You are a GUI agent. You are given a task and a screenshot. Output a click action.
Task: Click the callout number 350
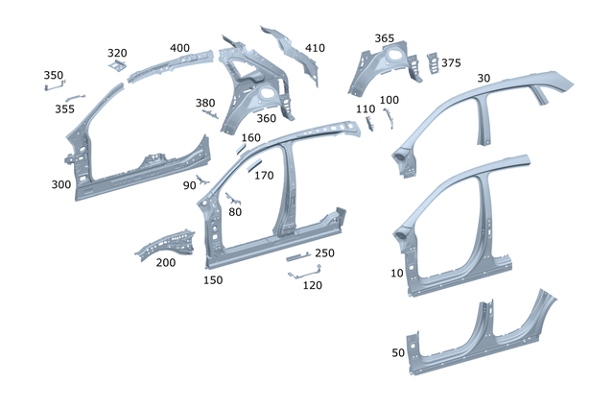[54, 75]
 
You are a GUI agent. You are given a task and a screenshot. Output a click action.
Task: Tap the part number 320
[117, 53]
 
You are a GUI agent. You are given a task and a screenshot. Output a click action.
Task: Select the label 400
[179, 48]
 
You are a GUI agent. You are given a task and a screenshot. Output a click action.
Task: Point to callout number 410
[315, 48]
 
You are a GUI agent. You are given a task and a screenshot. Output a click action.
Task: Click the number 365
[384, 38]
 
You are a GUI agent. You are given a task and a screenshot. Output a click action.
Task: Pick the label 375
[451, 63]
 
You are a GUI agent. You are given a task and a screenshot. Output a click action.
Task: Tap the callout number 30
[483, 78]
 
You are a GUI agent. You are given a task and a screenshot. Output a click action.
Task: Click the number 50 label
[398, 353]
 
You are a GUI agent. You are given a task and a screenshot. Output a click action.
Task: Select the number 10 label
[397, 274]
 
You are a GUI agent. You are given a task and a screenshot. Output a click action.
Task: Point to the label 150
[212, 279]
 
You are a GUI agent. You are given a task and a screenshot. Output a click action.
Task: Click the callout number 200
[166, 262]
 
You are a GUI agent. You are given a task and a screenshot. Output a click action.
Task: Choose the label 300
[61, 183]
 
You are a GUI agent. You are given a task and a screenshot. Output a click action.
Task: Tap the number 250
[325, 253]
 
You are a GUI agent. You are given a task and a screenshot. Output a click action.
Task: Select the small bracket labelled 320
[118, 65]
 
